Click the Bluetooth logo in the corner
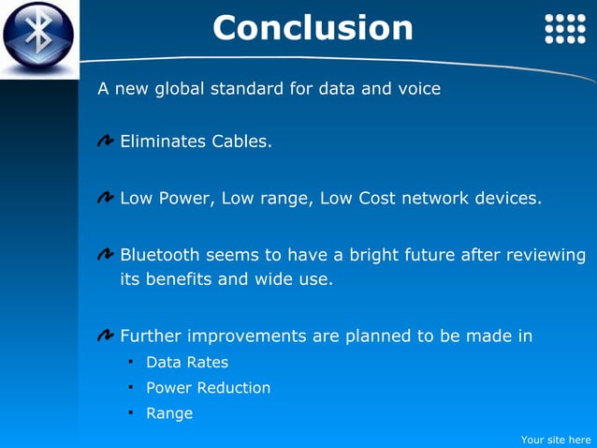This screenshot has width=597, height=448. click(x=37, y=37)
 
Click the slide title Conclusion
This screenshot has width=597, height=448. click(x=313, y=28)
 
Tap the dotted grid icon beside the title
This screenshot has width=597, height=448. click(x=565, y=29)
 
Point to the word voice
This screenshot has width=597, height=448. click(x=417, y=89)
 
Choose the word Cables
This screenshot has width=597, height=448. click(x=241, y=142)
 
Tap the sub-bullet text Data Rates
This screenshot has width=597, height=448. click(x=187, y=363)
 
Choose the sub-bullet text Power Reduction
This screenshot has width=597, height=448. click(x=208, y=388)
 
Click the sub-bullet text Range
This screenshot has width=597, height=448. click(x=169, y=413)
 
